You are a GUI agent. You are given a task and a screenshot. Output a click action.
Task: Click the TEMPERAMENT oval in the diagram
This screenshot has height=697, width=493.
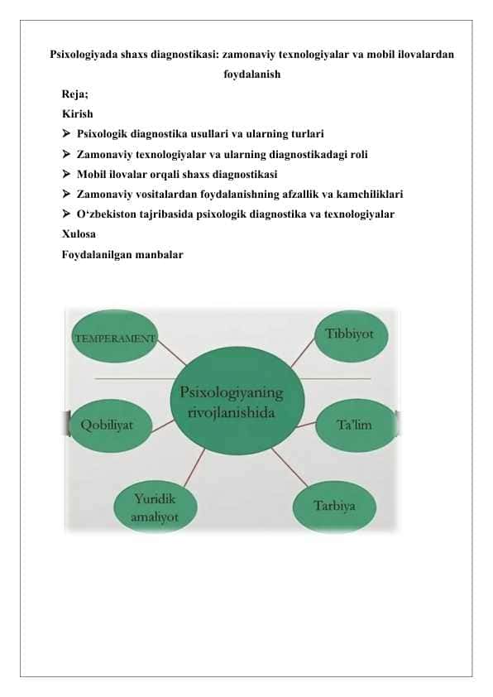115,336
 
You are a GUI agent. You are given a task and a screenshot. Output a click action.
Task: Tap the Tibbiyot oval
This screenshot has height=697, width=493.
351,335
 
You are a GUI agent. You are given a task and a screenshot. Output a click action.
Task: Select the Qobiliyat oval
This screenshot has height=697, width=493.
111,424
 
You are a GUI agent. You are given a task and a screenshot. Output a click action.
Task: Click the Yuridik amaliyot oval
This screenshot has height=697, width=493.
155,507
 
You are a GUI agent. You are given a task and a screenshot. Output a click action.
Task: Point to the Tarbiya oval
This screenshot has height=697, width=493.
334,507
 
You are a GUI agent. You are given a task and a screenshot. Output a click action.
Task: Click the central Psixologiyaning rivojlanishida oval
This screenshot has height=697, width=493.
237,401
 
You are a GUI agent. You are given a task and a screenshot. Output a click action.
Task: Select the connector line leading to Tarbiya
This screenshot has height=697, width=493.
290,467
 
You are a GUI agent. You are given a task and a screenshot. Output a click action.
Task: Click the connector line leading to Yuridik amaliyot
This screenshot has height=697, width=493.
194,467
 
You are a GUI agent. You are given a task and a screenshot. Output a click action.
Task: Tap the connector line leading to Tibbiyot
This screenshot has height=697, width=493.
303,353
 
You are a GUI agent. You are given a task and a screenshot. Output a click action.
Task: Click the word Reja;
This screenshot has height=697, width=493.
75,94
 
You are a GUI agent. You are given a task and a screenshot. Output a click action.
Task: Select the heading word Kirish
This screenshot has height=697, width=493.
77,113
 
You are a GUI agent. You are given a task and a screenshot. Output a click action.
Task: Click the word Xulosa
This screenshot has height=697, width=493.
79,233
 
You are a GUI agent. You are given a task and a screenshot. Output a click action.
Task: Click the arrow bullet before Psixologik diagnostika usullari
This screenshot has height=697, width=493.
66,133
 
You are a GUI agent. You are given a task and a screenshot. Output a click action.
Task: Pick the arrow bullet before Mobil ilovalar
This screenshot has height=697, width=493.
66,174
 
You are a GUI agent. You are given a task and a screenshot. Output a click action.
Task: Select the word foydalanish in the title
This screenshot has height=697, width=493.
251,75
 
